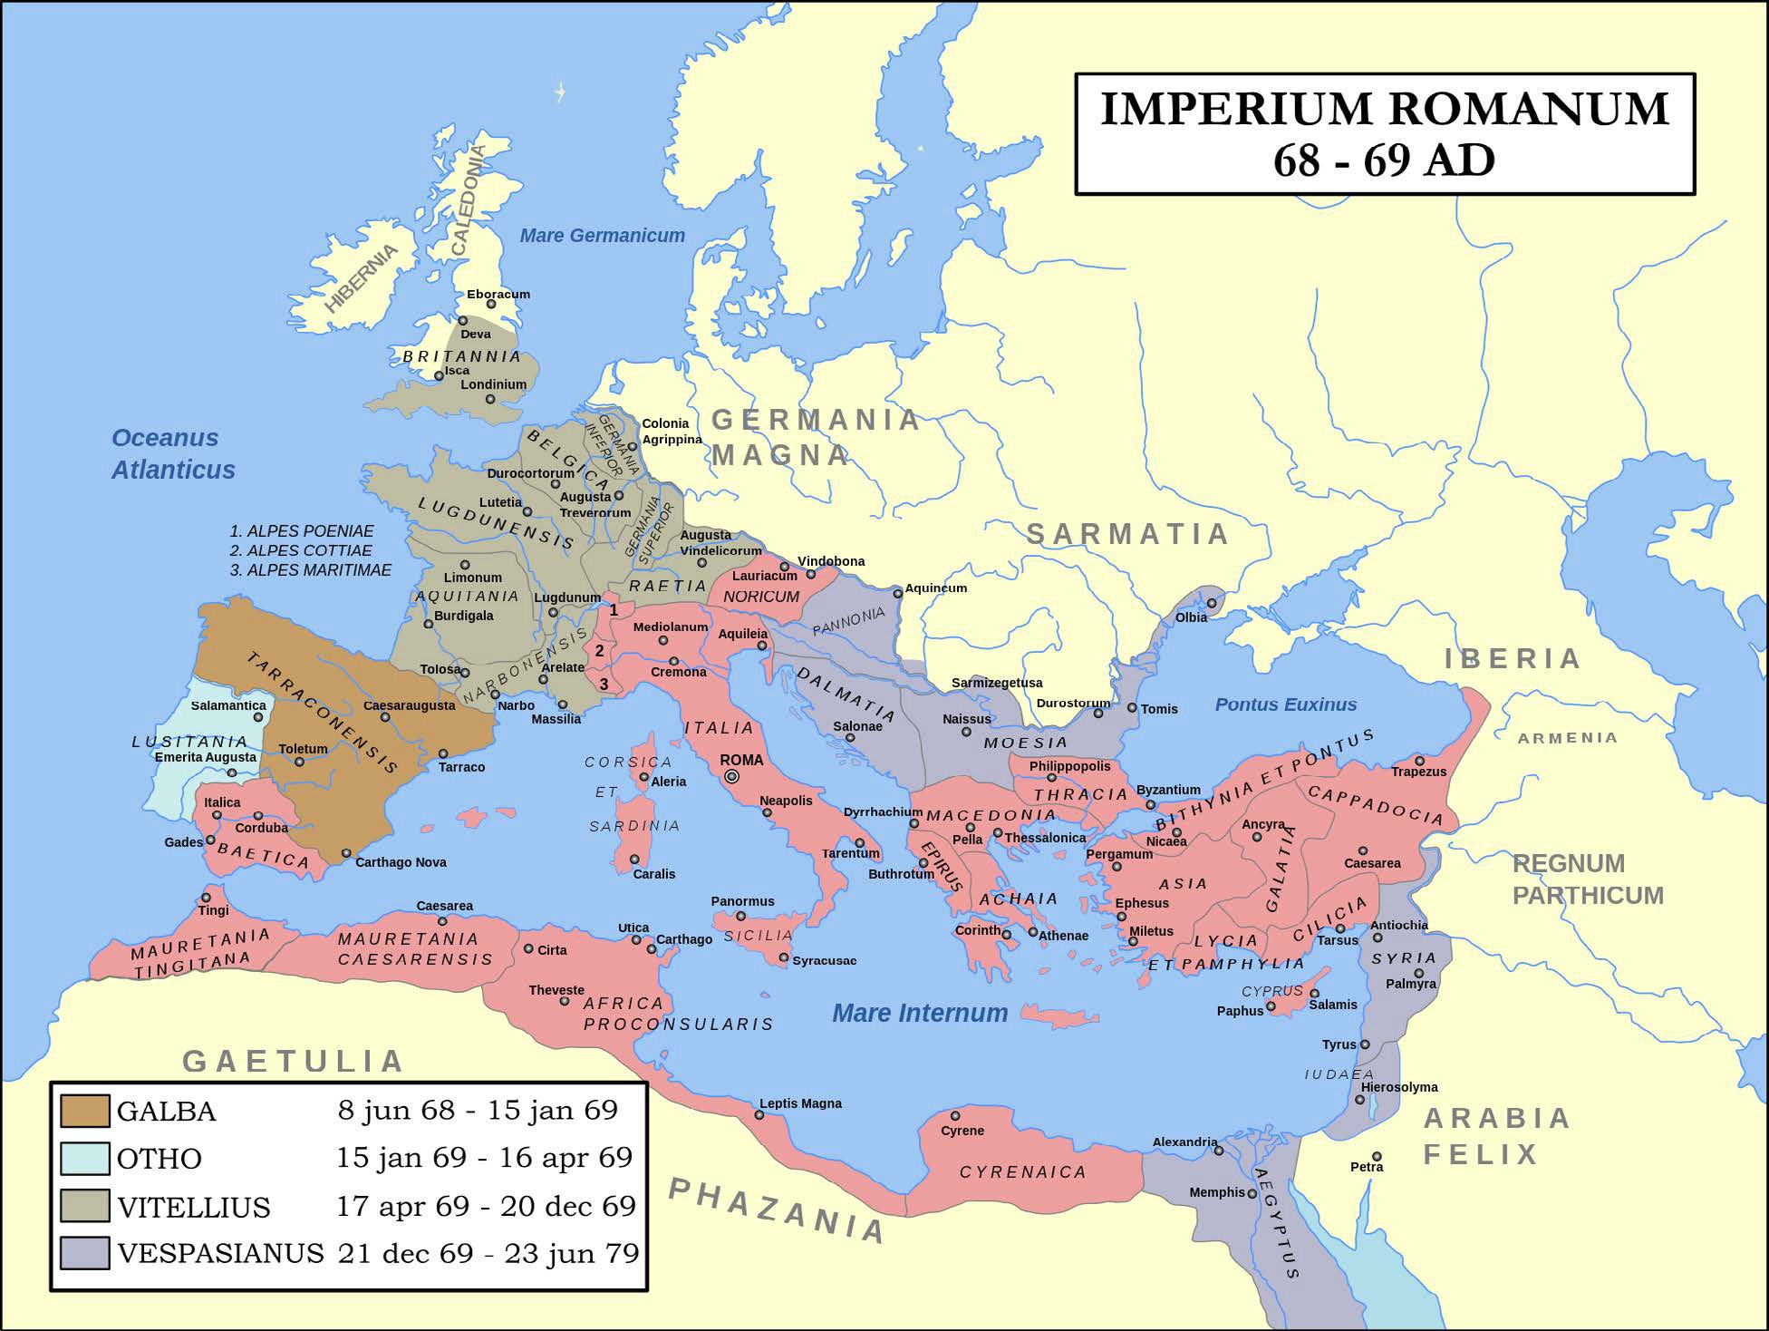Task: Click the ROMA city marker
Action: tap(732, 777)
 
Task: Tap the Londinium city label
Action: tap(493, 384)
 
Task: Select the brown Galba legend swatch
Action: tap(85, 1111)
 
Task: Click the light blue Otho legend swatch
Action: tap(85, 1158)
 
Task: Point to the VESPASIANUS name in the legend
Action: tap(220, 1253)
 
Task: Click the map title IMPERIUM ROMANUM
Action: tap(1384, 110)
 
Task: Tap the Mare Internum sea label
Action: tap(919, 1013)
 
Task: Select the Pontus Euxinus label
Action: tap(1285, 704)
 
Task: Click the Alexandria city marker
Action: tap(1219, 1151)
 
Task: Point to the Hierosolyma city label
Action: tap(1399, 1087)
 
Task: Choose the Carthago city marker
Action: tap(651, 949)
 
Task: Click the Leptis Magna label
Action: tap(800, 1103)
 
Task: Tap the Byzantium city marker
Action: tap(1150, 804)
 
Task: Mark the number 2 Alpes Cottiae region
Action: tap(599, 651)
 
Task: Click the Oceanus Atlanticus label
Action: tap(172, 453)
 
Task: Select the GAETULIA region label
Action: tap(293, 1061)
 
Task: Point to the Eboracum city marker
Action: tap(491, 305)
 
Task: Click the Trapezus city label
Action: tap(1418, 772)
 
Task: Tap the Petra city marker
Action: tap(1377, 1157)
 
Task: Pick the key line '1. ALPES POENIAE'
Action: tap(301, 531)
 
